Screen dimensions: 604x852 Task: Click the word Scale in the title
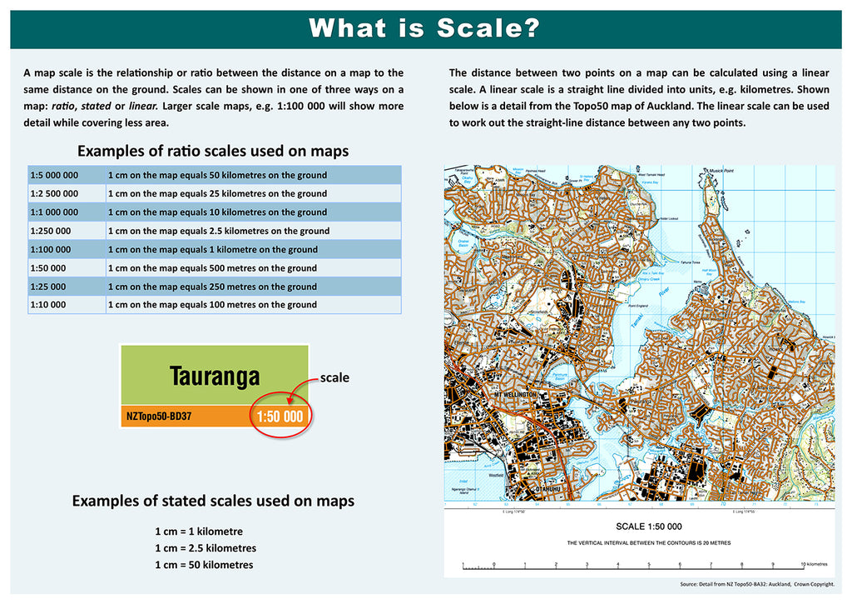click(x=488, y=29)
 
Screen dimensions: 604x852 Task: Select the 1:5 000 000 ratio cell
click(x=55, y=175)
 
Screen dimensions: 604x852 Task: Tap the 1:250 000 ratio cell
click(x=51, y=231)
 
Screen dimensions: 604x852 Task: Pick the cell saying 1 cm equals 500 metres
click(x=212, y=268)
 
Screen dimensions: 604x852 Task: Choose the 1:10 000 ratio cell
click(x=48, y=305)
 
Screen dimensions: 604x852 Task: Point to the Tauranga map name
click(x=215, y=377)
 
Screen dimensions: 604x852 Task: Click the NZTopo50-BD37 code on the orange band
click(x=159, y=414)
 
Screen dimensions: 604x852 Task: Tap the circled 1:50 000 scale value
click(x=280, y=416)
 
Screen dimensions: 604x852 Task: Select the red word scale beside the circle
click(x=334, y=377)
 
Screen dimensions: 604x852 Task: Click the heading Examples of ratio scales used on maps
click(x=213, y=152)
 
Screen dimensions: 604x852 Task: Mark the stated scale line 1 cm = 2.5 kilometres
click(x=206, y=548)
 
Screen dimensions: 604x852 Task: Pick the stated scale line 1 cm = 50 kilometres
click(x=204, y=565)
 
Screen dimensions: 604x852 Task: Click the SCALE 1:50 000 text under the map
click(x=648, y=527)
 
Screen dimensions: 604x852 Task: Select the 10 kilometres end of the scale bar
click(x=815, y=564)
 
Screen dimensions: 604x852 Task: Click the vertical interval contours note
click(x=648, y=543)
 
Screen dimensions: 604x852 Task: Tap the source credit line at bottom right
click(x=756, y=585)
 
